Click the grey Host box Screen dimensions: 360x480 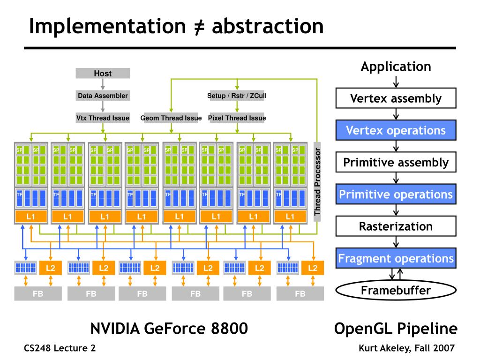pyautogui.click(x=103, y=74)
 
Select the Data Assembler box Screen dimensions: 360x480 pyautogui.click(x=103, y=96)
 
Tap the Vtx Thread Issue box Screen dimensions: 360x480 pyautogui.click(x=103, y=118)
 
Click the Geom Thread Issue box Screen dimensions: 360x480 pyautogui.click(x=171, y=118)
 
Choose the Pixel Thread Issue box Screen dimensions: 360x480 pyautogui.click(x=237, y=118)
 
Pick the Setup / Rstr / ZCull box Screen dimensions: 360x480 pyautogui.click(x=237, y=96)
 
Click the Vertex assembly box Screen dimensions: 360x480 pyautogui.click(x=396, y=99)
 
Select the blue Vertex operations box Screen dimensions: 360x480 pyautogui.click(x=396, y=130)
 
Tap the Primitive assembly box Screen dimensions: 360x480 pyautogui.click(x=396, y=163)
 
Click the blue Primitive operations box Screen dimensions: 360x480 pyautogui.click(x=396, y=194)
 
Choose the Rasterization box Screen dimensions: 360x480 pyautogui.click(x=396, y=226)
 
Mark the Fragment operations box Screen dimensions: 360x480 pyautogui.click(x=396, y=258)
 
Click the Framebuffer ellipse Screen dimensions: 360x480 pyautogui.click(x=396, y=290)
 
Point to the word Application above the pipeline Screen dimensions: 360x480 pyautogui.click(x=396, y=67)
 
